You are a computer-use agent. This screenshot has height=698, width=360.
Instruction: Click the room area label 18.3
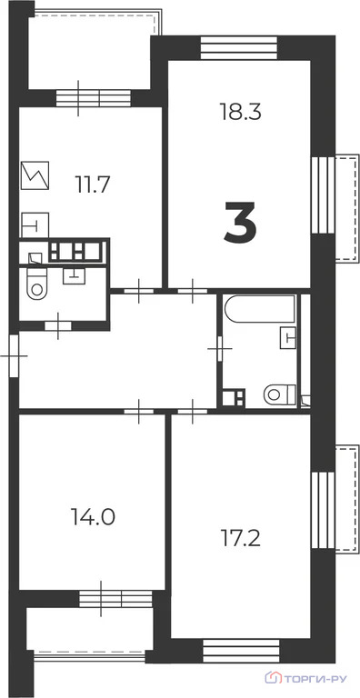pos(240,112)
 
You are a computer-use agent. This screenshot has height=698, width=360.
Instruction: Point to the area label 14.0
pos(92,517)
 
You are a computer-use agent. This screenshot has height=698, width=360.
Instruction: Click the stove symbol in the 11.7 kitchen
pos(37,174)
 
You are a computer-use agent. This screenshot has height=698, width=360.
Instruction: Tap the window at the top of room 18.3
pos(238,45)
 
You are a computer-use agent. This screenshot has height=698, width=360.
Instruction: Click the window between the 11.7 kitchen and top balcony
pos(90,97)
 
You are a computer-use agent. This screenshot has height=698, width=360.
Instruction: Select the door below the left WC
pos(59,323)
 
